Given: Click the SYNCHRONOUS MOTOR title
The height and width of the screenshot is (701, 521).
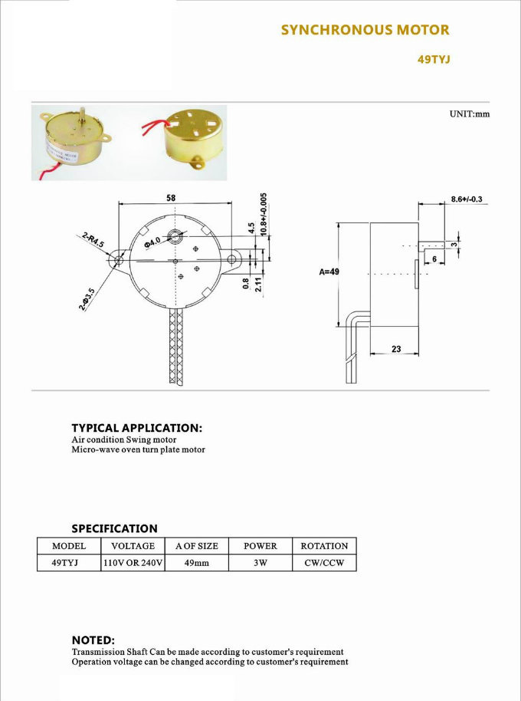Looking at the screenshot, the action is click(x=365, y=30).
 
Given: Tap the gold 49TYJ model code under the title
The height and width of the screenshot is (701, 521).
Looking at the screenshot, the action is click(x=434, y=60).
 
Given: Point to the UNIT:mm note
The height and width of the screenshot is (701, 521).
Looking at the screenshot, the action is click(x=469, y=114).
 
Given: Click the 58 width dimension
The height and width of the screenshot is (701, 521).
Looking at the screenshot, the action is click(x=171, y=198).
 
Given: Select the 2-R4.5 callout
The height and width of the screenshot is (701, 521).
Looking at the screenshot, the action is click(x=93, y=239).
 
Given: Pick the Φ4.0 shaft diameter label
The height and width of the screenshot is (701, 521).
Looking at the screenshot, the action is click(x=152, y=243).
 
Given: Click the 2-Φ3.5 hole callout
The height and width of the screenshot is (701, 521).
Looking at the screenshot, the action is click(x=87, y=300).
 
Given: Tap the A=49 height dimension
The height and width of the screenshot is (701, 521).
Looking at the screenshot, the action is click(x=329, y=272).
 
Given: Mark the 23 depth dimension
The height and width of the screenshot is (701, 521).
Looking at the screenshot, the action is click(x=396, y=349).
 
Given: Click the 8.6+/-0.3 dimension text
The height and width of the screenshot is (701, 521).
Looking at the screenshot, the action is click(x=467, y=199).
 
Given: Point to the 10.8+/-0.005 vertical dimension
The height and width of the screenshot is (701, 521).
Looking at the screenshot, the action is click(x=264, y=214).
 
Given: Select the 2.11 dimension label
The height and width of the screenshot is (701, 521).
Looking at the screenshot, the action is click(x=258, y=285).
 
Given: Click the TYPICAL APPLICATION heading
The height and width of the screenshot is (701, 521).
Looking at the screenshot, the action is click(x=136, y=428).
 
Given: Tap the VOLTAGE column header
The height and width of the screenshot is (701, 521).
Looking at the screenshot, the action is click(x=133, y=546).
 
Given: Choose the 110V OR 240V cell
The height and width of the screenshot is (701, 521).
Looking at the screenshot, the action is click(x=133, y=563).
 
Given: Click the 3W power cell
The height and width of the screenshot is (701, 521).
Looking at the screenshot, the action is click(x=260, y=563).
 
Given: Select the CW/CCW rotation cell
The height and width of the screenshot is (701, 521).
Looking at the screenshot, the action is click(x=324, y=563).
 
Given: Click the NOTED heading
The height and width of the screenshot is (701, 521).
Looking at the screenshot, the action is click(x=93, y=640).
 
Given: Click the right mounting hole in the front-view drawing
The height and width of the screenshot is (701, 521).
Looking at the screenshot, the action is click(x=231, y=259).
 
